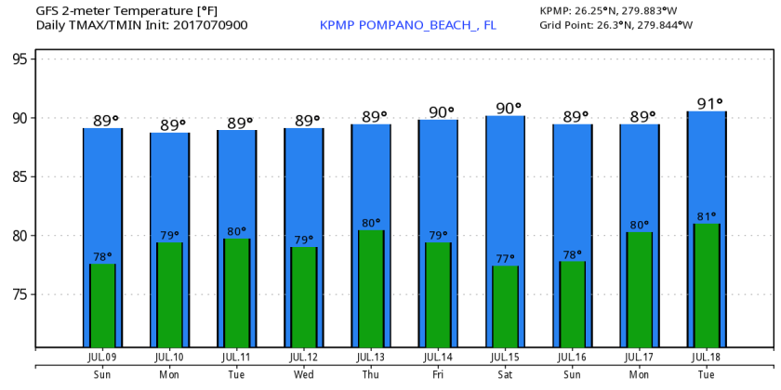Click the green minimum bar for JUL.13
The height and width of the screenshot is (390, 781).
pos(371,288)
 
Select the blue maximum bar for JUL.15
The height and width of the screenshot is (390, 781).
pos(505,186)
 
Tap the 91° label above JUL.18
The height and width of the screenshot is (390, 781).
pos(707,103)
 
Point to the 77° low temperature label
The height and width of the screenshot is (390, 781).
pos(505,259)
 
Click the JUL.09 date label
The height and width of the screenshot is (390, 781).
pos(102,357)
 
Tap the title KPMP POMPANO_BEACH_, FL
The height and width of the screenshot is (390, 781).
pos(407,25)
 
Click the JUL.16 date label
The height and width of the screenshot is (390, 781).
pos(573,357)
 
